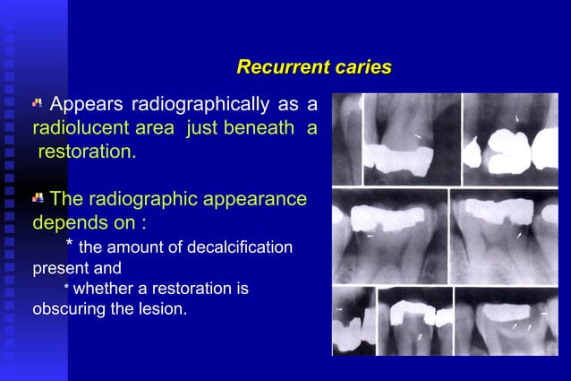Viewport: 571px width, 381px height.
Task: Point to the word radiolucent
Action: coord(77,128)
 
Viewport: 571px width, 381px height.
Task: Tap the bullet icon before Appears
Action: coord(38,104)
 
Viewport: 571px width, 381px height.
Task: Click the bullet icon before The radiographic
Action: coord(38,197)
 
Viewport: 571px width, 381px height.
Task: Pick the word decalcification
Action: coord(240,247)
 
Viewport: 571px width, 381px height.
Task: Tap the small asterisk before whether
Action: coord(66,290)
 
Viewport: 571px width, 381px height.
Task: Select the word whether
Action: coord(101,289)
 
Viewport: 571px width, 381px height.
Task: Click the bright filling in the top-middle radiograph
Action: coord(397,158)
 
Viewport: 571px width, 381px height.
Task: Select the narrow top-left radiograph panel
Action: coord(346,139)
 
